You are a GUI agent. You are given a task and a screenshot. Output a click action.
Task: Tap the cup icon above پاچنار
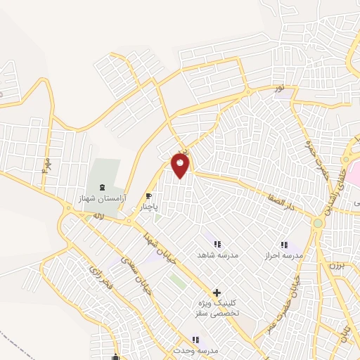click(148, 196)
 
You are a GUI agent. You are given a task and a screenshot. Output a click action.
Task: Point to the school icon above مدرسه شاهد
click(217, 243)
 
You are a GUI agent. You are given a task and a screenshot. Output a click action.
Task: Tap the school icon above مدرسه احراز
click(284, 244)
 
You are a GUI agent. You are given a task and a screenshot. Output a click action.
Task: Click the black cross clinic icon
click(217, 292)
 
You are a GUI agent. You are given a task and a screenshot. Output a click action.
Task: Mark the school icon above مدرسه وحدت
click(195, 340)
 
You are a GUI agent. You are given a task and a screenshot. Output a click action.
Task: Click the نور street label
click(279, 89)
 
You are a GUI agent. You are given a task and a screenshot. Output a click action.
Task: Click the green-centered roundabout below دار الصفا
click(318, 224)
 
